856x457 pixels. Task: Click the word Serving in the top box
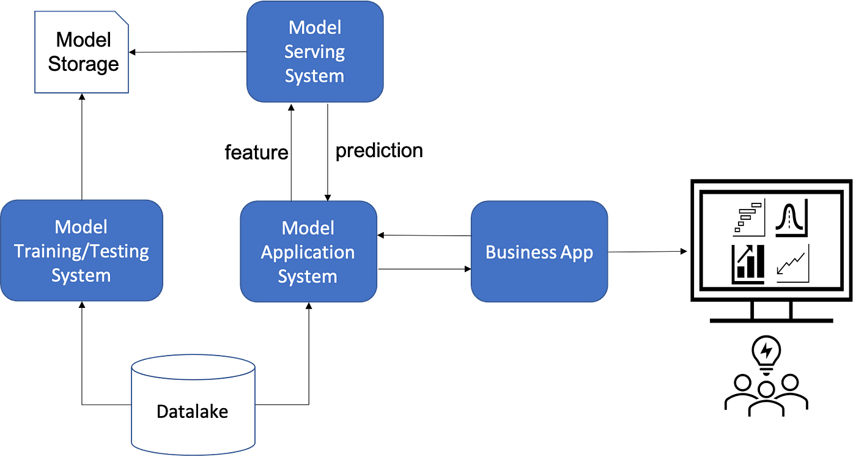point(314,52)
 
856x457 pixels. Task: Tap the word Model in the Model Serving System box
point(314,27)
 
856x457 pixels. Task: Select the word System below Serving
point(314,76)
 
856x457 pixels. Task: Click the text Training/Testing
point(81,251)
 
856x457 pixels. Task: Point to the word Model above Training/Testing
point(81,227)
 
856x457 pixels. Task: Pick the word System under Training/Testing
point(81,276)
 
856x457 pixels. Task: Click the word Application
point(308,252)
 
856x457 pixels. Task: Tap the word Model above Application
point(308,228)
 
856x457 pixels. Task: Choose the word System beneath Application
point(308,277)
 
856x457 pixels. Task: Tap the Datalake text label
point(192,411)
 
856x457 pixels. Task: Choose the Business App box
point(539,281)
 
